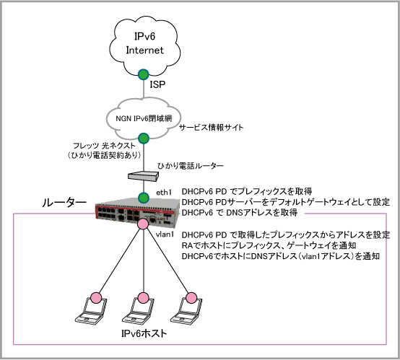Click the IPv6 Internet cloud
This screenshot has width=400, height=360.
click(x=144, y=46)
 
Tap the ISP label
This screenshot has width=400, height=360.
click(x=157, y=84)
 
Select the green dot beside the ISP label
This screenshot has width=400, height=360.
click(x=144, y=74)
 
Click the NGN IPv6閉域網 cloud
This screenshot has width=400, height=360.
click(x=144, y=118)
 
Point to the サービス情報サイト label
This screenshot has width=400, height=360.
click(x=212, y=127)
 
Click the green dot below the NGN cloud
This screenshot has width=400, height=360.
click(x=144, y=139)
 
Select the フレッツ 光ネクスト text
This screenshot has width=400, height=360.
click(x=104, y=146)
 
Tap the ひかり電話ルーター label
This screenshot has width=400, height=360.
click(x=191, y=166)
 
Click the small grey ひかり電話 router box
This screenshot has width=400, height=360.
click(x=143, y=176)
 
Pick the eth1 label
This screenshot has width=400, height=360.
click(x=164, y=193)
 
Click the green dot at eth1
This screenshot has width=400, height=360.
click(x=144, y=198)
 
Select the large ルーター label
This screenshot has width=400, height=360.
click(x=64, y=203)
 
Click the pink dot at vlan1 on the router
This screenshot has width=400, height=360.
click(x=143, y=224)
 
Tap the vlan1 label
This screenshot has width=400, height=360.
click(x=165, y=234)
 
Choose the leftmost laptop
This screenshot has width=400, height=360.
click(x=91, y=309)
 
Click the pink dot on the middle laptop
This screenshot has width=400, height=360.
click(x=143, y=298)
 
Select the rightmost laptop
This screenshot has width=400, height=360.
click(x=186, y=309)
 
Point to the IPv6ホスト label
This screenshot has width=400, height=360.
click(x=144, y=333)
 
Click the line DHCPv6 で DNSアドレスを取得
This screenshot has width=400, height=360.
click(x=240, y=212)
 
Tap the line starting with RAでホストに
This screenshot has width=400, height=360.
click(x=269, y=245)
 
